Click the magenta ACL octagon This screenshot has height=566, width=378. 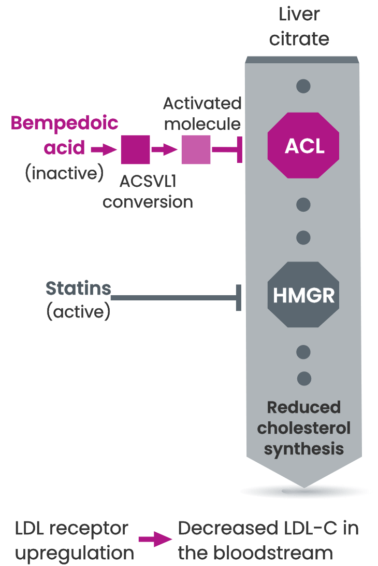coord(303,146)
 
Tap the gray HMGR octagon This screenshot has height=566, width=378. coord(303,295)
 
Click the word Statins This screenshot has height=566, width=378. coord(78,288)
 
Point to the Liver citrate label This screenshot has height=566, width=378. coord(299,26)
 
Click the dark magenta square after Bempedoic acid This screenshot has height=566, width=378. coord(135,149)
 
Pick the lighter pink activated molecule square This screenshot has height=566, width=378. coord(196,149)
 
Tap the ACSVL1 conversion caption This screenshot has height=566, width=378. coord(148,191)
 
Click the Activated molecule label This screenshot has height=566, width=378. coord(202,114)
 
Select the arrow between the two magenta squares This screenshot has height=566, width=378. coord(165,149)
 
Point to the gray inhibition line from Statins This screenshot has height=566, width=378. coord(173,298)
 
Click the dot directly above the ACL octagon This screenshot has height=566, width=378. coord(303,86)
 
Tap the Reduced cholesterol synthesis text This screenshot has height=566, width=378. coord(304,428)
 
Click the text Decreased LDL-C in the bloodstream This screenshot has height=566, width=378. coord(268,541)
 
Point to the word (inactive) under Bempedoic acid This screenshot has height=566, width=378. coord(64,173)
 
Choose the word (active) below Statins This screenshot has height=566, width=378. coord(78,312)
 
